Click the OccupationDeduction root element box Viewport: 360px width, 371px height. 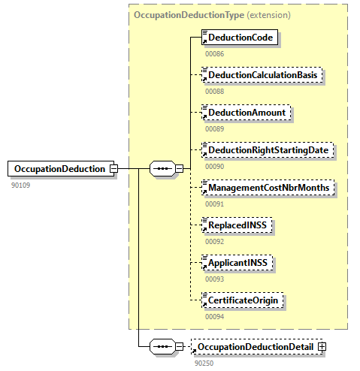[59, 169]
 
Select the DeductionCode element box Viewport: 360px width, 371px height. [241, 38]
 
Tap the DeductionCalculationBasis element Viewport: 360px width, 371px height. [263, 75]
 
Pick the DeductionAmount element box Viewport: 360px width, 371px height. [247, 113]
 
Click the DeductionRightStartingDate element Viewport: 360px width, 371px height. [268, 150]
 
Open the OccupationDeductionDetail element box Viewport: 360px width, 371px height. [256, 347]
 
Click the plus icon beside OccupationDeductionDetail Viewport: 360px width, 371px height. [322, 347]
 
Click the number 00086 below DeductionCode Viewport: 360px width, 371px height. [214, 53]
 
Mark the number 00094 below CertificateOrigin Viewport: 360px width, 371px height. [214, 316]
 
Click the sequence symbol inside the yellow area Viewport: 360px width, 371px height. [162, 169]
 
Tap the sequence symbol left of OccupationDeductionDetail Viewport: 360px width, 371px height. [162, 347]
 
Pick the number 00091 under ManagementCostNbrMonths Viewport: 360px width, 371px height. [214, 204]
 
